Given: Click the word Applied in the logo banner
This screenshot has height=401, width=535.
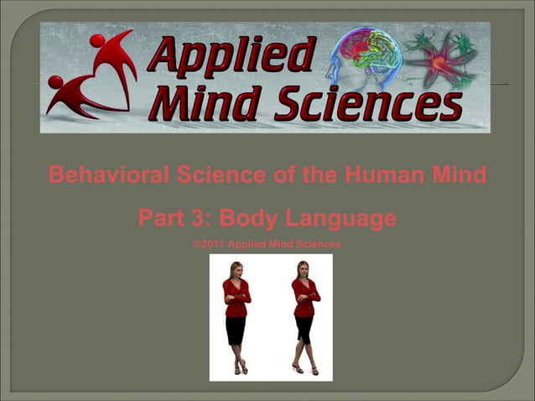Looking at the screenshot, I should tap(231, 55).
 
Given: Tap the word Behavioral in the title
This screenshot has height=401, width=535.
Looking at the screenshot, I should tap(107, 176).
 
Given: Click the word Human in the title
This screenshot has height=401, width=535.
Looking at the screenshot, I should tap(374, 176).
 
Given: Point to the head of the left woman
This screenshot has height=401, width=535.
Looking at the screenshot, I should tap(237, 269).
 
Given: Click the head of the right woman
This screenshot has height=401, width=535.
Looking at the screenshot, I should tap(303, 269).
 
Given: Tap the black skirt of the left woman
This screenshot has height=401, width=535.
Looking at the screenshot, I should tap(236, 329).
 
